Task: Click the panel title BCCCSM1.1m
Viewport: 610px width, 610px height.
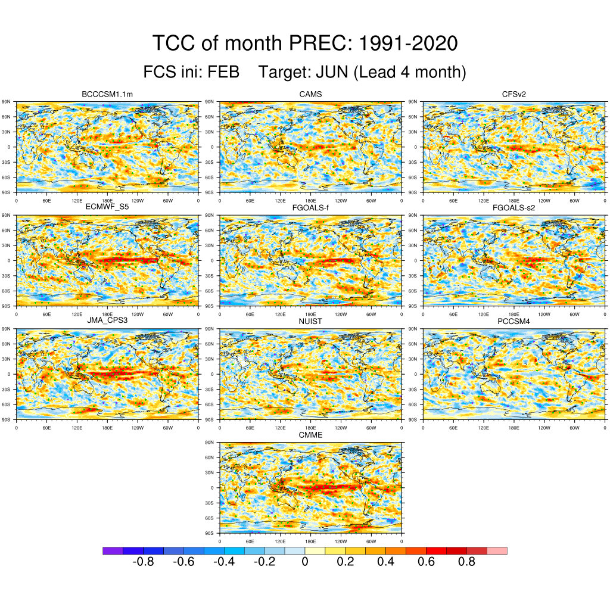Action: [107, 94]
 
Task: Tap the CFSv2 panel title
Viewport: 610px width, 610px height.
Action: [514, 94]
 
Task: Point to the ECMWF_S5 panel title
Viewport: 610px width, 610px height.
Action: [107, 207]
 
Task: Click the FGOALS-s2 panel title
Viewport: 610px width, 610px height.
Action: [514, 207]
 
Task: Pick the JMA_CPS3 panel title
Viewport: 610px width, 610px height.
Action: [107, 321]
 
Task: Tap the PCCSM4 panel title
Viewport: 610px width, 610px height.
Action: [514, 321]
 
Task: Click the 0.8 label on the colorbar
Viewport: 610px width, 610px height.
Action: [466, 562]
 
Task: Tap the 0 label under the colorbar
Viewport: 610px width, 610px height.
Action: [305, 562]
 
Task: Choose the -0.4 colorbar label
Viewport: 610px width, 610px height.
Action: [223, 562]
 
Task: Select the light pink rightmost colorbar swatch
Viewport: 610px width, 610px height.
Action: [497, 551]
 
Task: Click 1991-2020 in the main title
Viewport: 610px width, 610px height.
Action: [410, 43]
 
